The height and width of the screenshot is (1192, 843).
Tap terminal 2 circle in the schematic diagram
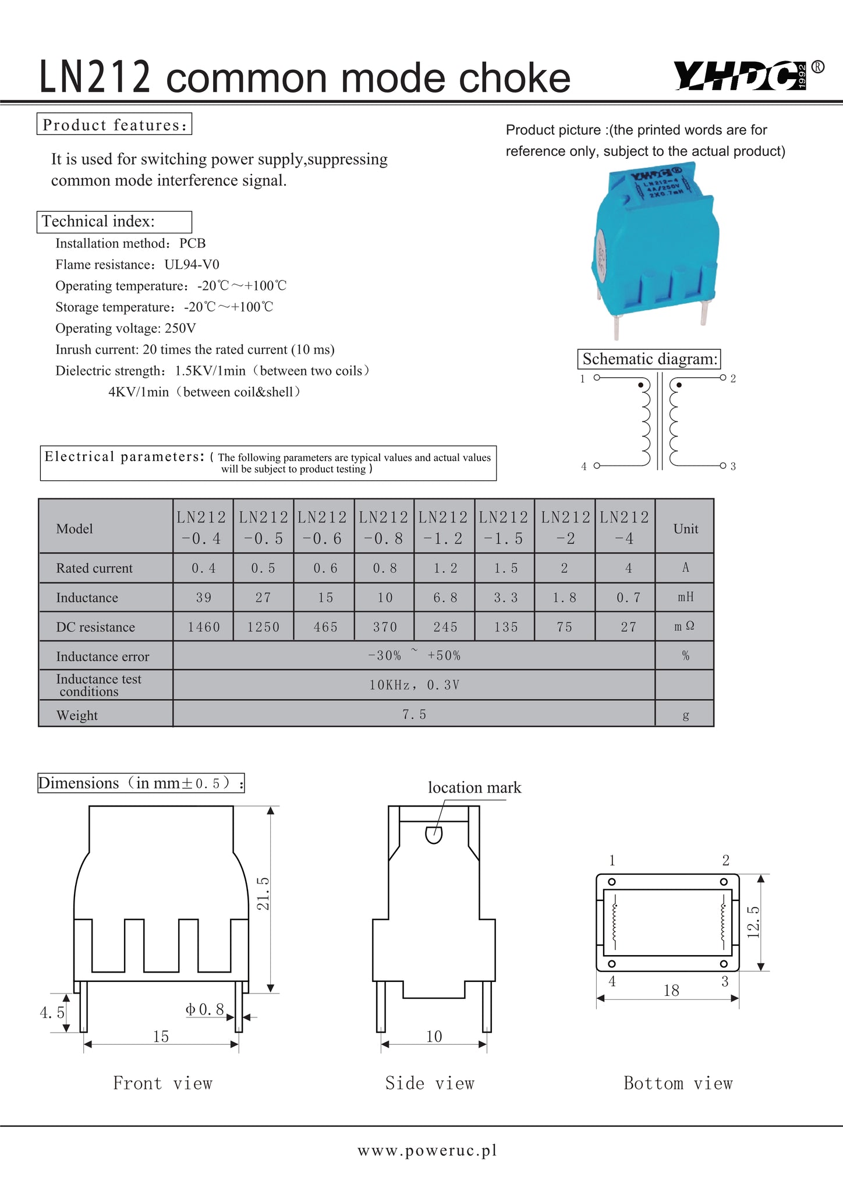point(722,378)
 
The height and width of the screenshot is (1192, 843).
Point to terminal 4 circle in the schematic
point(597,466)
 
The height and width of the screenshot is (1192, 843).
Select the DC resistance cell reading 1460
point(204,627)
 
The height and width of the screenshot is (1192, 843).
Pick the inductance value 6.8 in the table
point(445,598)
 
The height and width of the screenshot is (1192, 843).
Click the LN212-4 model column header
point(625,527)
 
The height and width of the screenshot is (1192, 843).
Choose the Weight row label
point(77,715)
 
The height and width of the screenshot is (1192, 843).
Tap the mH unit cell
point(685,597)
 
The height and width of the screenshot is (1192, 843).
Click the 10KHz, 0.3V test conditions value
point(414,685)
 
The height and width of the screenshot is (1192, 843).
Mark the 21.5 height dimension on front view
point(263,893)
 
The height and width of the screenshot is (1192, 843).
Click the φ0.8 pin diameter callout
point(205,1009)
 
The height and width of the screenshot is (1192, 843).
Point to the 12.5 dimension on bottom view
point(753,922)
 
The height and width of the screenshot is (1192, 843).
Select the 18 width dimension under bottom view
point(671,991)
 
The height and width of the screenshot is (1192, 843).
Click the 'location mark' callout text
point(474,787)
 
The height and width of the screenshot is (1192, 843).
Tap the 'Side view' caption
point(430,1083)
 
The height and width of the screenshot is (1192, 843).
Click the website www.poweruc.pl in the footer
point(427,1151)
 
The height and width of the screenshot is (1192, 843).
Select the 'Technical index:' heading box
point(114,222)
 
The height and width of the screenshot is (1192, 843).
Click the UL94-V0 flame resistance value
point(192,265)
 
